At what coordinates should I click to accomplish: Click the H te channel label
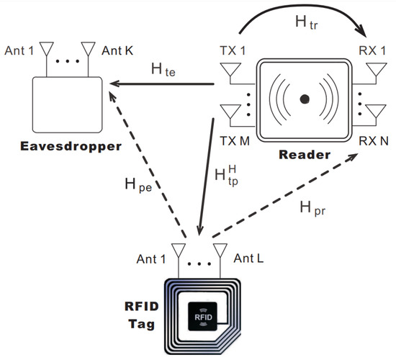pos(164,70)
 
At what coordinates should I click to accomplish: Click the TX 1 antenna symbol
pos(231,72)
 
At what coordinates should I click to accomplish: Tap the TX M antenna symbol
pos(231,112)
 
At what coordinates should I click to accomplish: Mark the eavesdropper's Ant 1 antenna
pos(46,49)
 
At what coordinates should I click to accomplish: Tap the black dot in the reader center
pos(305,97)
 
